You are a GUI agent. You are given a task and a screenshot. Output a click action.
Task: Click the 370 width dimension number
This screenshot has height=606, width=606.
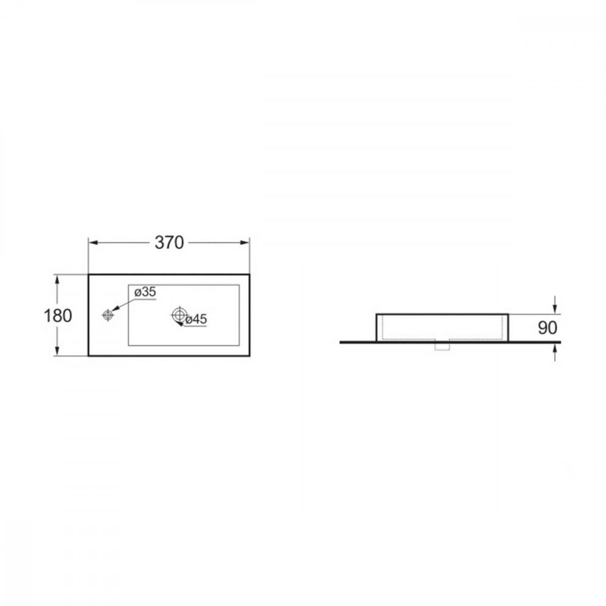click(x=169, y=243)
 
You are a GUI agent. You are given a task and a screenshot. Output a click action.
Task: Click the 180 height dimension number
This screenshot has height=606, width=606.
click(x=58, y=316)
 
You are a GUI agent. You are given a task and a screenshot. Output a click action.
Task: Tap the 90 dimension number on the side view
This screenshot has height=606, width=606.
click(x=547, y=328)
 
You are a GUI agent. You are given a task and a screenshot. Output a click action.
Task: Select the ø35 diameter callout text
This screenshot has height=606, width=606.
click(x=145, y=292)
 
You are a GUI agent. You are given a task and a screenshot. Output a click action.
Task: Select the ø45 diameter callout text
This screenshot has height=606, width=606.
click(x=196, y=319)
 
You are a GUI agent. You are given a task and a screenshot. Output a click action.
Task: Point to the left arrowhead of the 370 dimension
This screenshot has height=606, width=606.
click(x=93, y=243)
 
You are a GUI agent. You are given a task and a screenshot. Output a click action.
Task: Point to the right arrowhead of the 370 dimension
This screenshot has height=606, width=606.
click(x=245, y=243)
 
